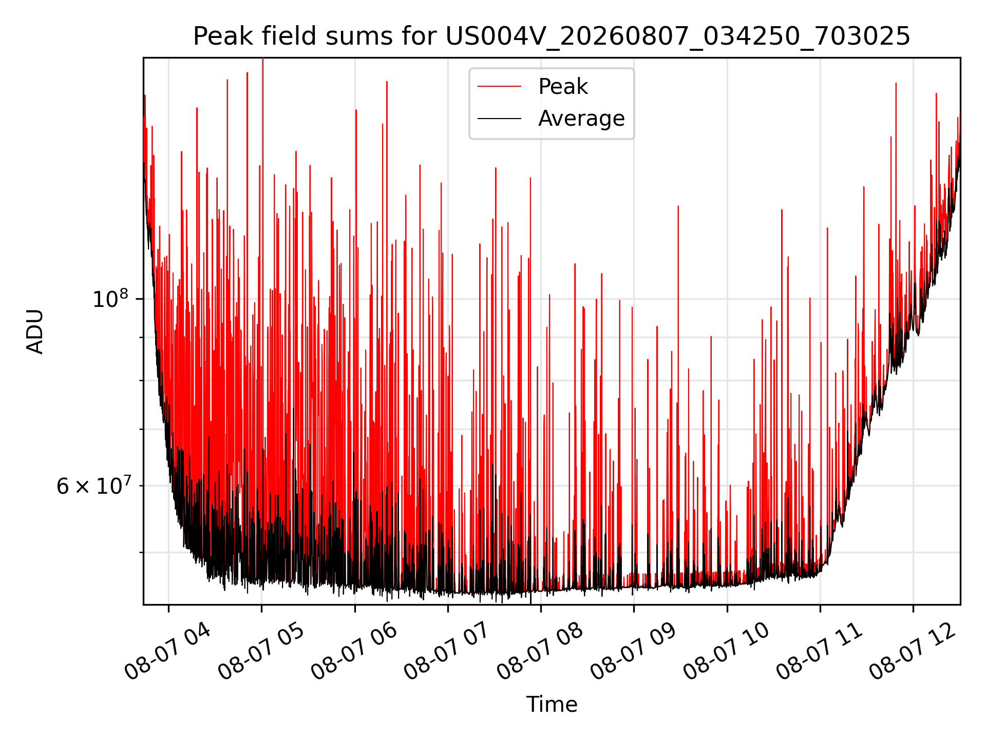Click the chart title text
[x=552, y=36]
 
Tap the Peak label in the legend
[x=563, y=87]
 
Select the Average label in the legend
[x=581, y=119]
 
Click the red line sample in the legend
[x=499, y=87]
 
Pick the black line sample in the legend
[x=499, y=119]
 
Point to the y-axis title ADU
[x=35, y=331]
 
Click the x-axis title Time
[x=552, y=705]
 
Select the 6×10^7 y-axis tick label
[x=93, y=485]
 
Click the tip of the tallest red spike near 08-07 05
[x=262, y=59]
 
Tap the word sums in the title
[x=358, y=37]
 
